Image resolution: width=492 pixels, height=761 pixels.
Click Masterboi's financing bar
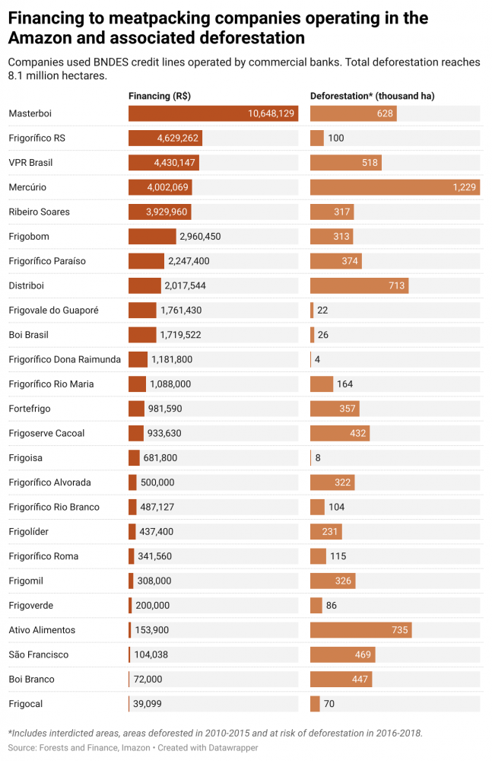pyautogui.click(x=213, y=113)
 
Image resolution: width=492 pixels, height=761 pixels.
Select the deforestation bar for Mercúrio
pyautogui.click(x=395, y=187)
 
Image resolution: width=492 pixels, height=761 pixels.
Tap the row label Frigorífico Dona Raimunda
pyautogui.click(x=65, y=359)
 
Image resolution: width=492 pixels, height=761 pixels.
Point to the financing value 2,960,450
pyautogui.click(x=200, y=237)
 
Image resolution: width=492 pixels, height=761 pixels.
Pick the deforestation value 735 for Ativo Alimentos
pyautogui.click(x=400, y=630)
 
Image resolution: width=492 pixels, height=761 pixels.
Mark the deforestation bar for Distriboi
pyautogui.click(x=359, y=285)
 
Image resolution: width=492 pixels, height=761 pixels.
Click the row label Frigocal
pyautogui.click(x=26, y=704)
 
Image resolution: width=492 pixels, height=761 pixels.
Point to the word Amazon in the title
pyautogui.click(x=40, y=37)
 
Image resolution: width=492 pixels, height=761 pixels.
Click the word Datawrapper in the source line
pyautogui.click(x=233, y=748)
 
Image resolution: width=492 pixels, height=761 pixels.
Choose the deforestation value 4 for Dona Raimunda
pyautogui.click(x=318, y=359)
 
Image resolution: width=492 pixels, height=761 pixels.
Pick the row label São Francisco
pyautogui.click(x=39, y=654)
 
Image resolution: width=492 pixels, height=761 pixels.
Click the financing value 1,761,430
pyautogui.click(x=181, y=310)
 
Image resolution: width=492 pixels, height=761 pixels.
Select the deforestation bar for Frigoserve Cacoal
pyautogui.click(x=340, y=433)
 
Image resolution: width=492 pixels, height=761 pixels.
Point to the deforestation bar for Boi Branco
pyautogui.click(x=341, y=679)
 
